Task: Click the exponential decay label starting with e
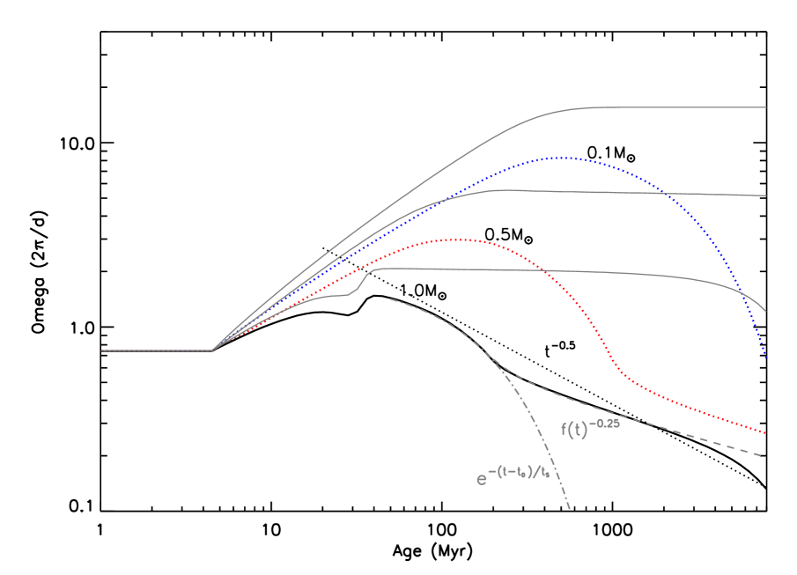coord(513,477)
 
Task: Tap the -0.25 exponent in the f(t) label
coord(605,424)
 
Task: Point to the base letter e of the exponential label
coord(482,480)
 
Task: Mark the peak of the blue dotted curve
coord(558,158)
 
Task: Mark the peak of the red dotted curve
coord(458,240)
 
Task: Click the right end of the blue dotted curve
coord(766,359)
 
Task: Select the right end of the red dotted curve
coord(766,433)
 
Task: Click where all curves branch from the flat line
coord(212,350)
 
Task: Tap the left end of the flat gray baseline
coord(102,350)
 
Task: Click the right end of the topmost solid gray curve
coord(766,107)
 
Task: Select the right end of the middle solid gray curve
coord(766,195)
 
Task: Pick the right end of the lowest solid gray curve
coord(766,312)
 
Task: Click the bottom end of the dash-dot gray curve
coord(571,509)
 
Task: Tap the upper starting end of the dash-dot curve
coord(390,299)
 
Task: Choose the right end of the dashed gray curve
coord(760,455)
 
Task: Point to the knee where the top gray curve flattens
coord(564,111)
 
